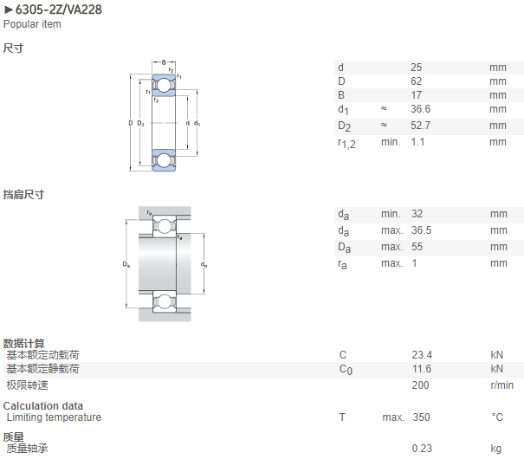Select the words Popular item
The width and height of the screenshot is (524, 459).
(x=32, y=24)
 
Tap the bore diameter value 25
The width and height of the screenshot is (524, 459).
(x=416, y=68)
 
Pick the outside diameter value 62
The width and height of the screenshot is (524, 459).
(x=416, y=81)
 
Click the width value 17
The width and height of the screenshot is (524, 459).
(x=416, y=95)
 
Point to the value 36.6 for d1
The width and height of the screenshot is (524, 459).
(x=420, y=109)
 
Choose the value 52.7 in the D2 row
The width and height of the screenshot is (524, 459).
(x=420, y=126)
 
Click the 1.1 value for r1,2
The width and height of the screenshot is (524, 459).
(x=417, y=142)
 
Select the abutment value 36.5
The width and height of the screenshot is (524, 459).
(x=421, y=230)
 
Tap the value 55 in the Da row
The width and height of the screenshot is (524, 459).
(x=417, y=247)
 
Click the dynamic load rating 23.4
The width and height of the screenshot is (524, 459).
(x=422, y=355)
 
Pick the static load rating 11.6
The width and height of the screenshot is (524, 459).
(x=422, y=369)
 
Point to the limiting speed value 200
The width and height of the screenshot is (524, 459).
(x=420, y=385)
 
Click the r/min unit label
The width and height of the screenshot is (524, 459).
(x=501, y=385)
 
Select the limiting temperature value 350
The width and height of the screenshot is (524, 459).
(x=421, y=417)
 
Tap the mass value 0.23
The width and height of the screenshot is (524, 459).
(x=422, y=449)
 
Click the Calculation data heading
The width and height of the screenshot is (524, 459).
(x=43, y=406)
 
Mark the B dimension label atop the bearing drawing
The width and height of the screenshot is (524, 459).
(x=164, y=62)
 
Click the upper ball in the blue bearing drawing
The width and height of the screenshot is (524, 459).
(x=164, y=85)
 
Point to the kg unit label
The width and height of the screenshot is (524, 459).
(x=496, y=449)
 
